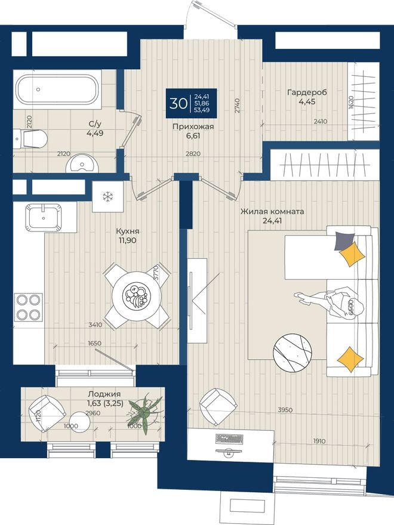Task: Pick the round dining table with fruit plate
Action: tap(137, 294)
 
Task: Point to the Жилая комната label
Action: tap(272, 212)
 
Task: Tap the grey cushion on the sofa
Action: tap(343, 240)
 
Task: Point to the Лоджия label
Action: tap(104, 394)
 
